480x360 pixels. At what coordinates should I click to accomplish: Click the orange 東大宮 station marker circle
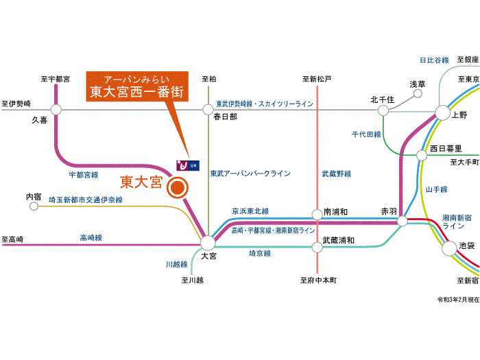point(178,187)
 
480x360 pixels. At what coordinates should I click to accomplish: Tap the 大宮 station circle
point(208,241)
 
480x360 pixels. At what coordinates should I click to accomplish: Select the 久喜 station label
point(40,119)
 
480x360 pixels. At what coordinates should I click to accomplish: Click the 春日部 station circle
point(208,108)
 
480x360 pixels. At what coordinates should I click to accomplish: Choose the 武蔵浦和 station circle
point(317,241)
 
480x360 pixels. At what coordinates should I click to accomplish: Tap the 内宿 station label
point(34,197)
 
